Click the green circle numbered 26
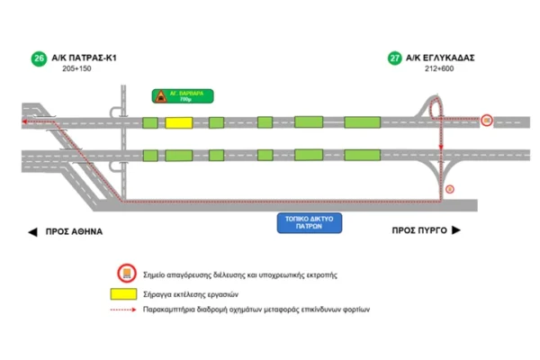pos(38,58)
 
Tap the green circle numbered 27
pos(394,58)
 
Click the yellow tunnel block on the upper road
pos(177,121)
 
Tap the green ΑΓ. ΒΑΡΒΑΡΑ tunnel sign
pos(184,95)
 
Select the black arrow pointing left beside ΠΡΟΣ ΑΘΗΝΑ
pos(33,231)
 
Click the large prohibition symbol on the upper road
pos(486,120)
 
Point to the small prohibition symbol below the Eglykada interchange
pos(450,188)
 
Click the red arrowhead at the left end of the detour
pos(25,120)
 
